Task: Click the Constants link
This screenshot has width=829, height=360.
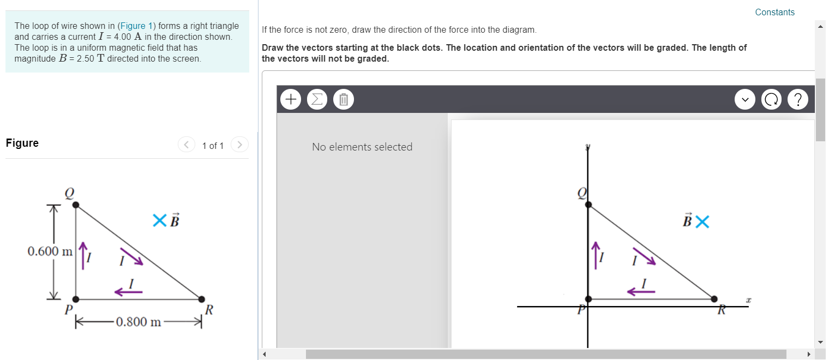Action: [x=774, y=12]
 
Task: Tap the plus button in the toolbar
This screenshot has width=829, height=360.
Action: [x=291, y=99]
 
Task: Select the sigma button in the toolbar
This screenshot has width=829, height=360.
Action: [x=317, y=99]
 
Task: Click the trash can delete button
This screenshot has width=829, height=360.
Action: [x=343, y=99]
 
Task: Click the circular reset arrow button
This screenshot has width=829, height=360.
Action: [x=771, y=99]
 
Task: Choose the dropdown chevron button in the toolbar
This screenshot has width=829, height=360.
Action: [x=744, y=99]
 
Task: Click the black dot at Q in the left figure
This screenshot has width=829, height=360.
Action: [x=76, y=205]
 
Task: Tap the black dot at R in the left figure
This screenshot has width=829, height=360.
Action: [x=202, y=299]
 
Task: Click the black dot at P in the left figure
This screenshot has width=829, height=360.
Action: [x=76, y=299]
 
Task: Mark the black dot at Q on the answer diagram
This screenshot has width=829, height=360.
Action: [x=588, y=205]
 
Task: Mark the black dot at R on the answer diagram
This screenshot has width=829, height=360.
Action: [x=714, y=298]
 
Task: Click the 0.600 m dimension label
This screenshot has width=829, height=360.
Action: [x=50, y=251]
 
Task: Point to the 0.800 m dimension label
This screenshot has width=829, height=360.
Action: [x=139, y=322]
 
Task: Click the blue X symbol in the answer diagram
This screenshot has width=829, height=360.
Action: [x=702, y=221]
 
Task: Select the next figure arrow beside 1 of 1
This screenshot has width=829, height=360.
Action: [x=239, y=145]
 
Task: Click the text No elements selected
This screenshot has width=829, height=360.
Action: [x=362, y=147]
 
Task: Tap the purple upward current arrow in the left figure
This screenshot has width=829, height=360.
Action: [x=83, y=255]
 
